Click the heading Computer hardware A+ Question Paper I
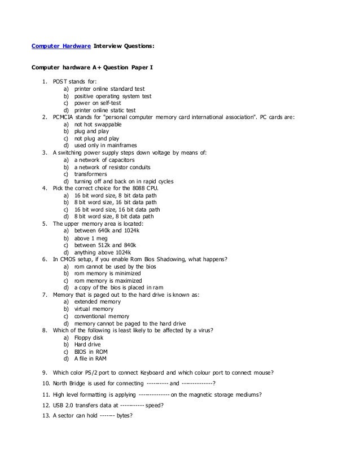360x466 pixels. pos(91,68)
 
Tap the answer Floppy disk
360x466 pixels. pos(90,337)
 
